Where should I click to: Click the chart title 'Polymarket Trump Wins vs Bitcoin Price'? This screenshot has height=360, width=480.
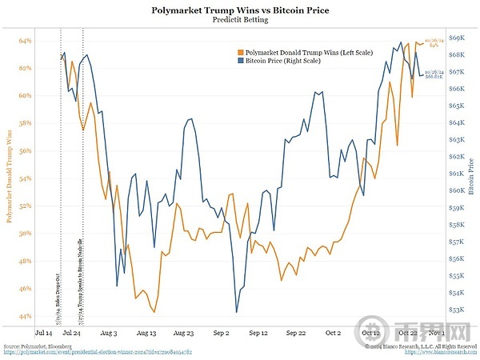pos(241,11)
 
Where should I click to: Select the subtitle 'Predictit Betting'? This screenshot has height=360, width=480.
pos(241,22)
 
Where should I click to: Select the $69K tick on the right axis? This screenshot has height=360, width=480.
pos(456,38)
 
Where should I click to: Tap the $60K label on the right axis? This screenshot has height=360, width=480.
pos(456,190)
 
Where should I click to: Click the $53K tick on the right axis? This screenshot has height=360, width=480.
pos(456,310)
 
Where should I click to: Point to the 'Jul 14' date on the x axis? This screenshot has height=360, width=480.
pos(44,330)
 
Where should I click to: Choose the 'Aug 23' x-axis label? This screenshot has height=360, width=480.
pos(184,330)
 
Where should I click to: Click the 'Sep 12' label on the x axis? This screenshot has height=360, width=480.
pos(259,330)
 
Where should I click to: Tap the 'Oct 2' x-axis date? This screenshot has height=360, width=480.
pos(334,330)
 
